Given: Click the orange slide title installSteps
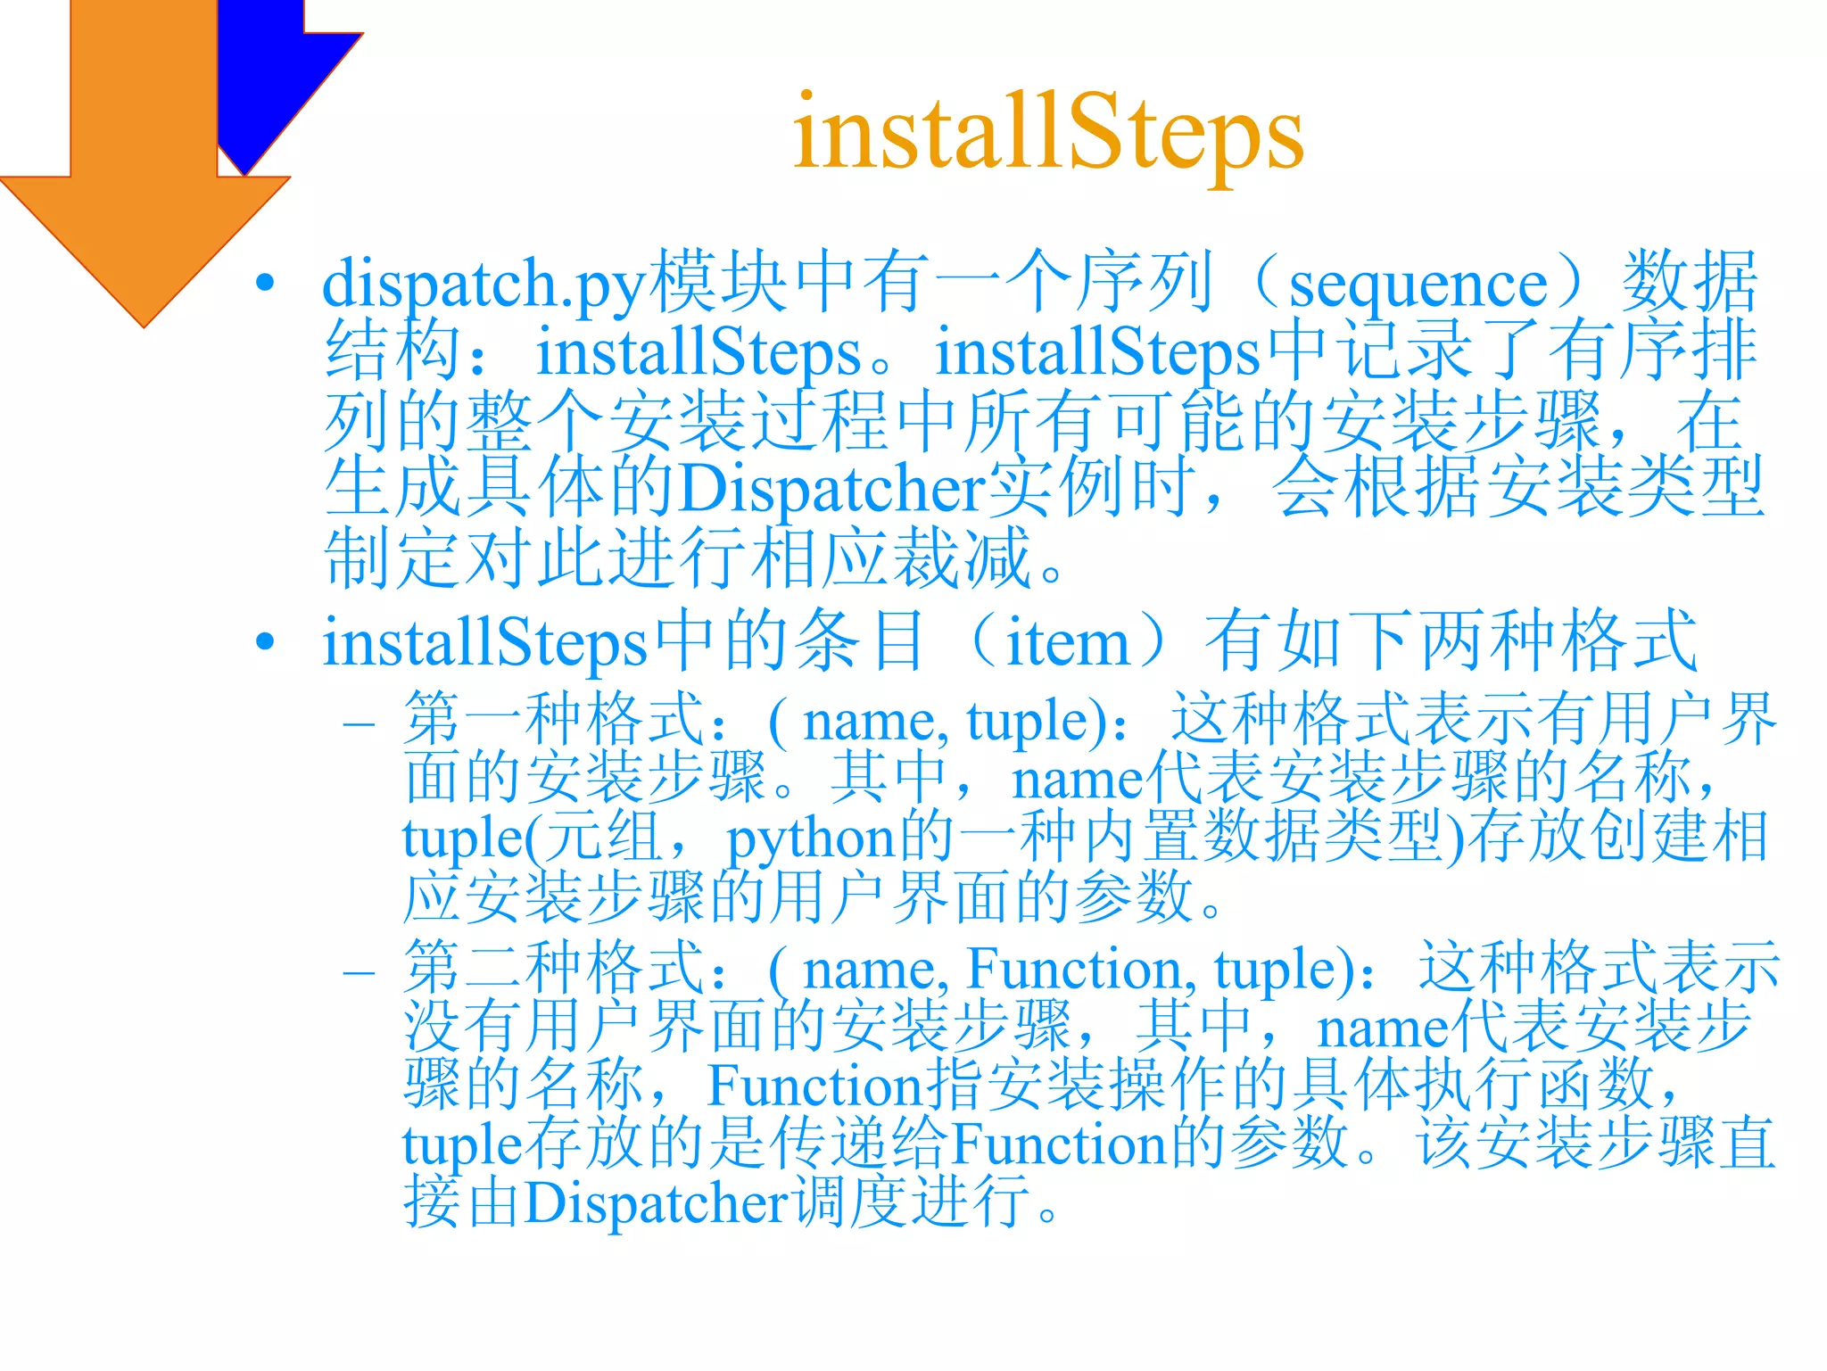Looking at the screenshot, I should pos(1048,134).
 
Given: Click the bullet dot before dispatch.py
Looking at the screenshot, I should pos(265,283).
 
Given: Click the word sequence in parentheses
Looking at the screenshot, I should pos(1418,285).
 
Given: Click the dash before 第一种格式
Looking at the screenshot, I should pos(359,723).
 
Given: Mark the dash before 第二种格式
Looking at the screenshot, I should pos(359,971).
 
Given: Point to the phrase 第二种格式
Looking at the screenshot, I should pos(553,969).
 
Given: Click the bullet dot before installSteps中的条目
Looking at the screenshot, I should pos(265,641).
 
